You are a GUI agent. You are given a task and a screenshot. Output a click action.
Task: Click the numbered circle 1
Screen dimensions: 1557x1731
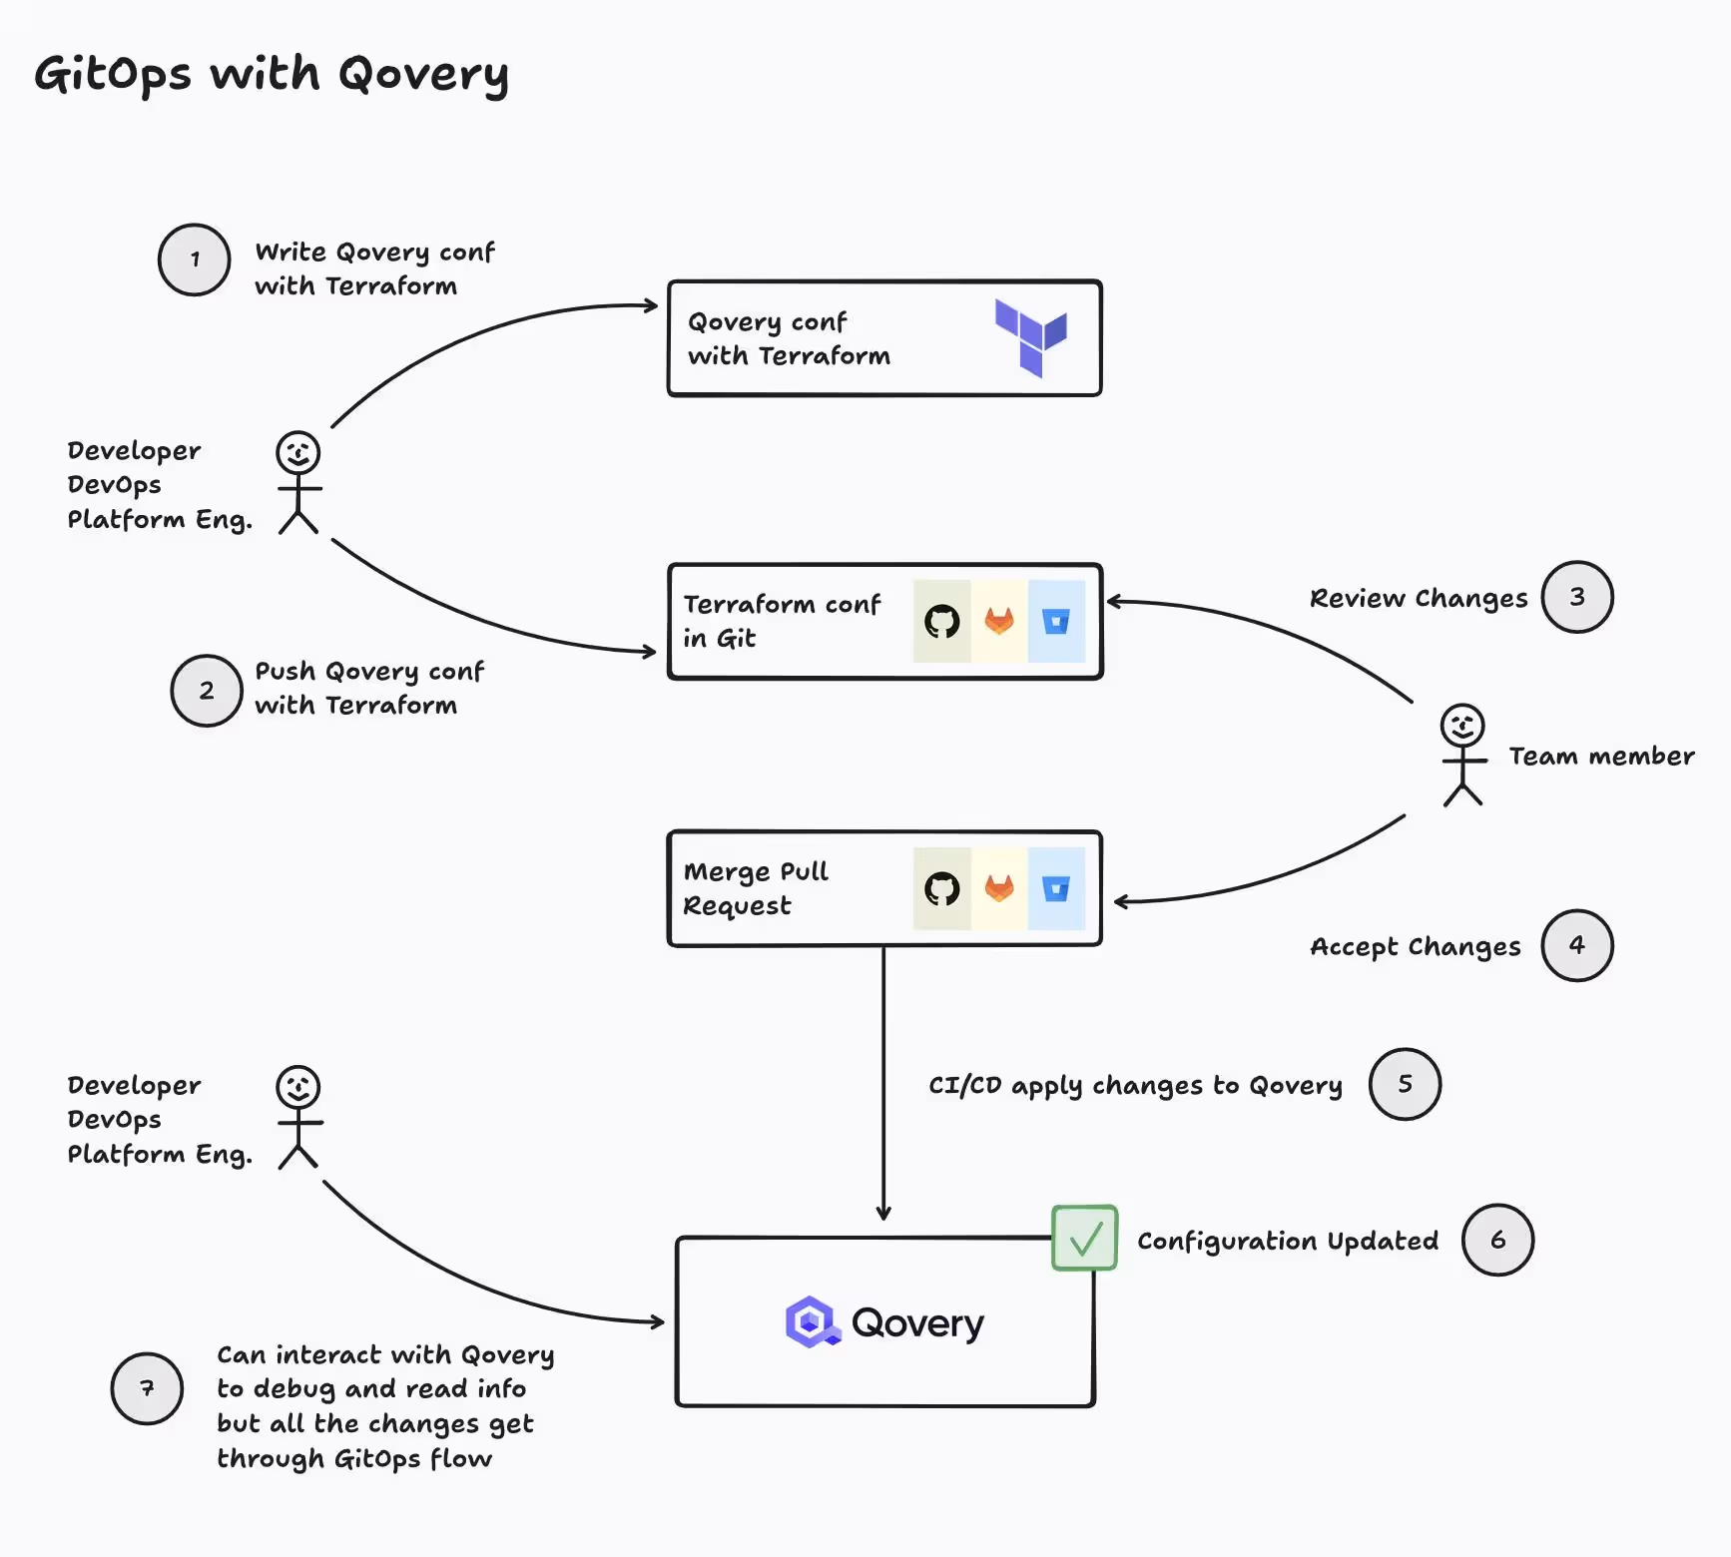click(x=195, y=259)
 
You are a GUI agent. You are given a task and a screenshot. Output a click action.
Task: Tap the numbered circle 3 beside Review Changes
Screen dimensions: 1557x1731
click(x=1577, y=597)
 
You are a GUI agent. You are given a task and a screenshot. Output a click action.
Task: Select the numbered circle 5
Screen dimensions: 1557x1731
click(x=1405, y=1084)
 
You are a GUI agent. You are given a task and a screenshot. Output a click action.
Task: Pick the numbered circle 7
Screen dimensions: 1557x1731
click(x=147, y=1388)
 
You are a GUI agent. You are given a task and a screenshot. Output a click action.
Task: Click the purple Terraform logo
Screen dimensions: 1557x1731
click(x=1031, y=337)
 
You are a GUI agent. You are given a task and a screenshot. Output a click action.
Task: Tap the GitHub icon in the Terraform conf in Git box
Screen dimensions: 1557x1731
click(x=941, y=622)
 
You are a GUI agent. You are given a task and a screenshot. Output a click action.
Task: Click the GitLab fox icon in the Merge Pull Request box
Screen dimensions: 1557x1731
click(x=999, y=888)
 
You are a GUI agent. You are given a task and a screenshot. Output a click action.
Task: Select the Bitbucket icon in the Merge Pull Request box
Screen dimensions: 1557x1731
click(x=1056, y=888)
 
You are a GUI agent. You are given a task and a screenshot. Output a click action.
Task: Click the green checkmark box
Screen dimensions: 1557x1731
click(x=1084, y=1238)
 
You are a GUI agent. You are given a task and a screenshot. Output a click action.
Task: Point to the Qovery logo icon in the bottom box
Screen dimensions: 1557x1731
click(x=812, y=1322)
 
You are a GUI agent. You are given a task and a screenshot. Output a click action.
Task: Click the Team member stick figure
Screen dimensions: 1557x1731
click(x=1462, y=755)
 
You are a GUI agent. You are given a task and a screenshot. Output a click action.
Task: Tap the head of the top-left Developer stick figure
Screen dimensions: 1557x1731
click(x=298, y=452)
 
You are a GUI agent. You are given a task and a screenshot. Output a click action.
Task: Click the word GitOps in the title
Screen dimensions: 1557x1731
click(x=113, y=75)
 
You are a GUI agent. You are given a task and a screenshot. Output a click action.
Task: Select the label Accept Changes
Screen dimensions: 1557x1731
click(x=1415, y=946)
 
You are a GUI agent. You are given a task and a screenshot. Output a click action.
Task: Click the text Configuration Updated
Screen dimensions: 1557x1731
click(x=1288, y=1241)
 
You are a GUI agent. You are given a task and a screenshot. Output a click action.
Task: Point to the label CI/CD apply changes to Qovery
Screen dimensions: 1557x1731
click(x=1135, y=1085)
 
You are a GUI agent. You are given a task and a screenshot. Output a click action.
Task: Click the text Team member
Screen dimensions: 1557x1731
click(x=1601, y=757)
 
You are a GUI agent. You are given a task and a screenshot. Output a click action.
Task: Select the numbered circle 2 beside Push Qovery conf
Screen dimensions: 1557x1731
click(x=207, y=691)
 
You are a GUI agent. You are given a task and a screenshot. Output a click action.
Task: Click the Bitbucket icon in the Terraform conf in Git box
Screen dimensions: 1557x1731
click(x=1056, y=622)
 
